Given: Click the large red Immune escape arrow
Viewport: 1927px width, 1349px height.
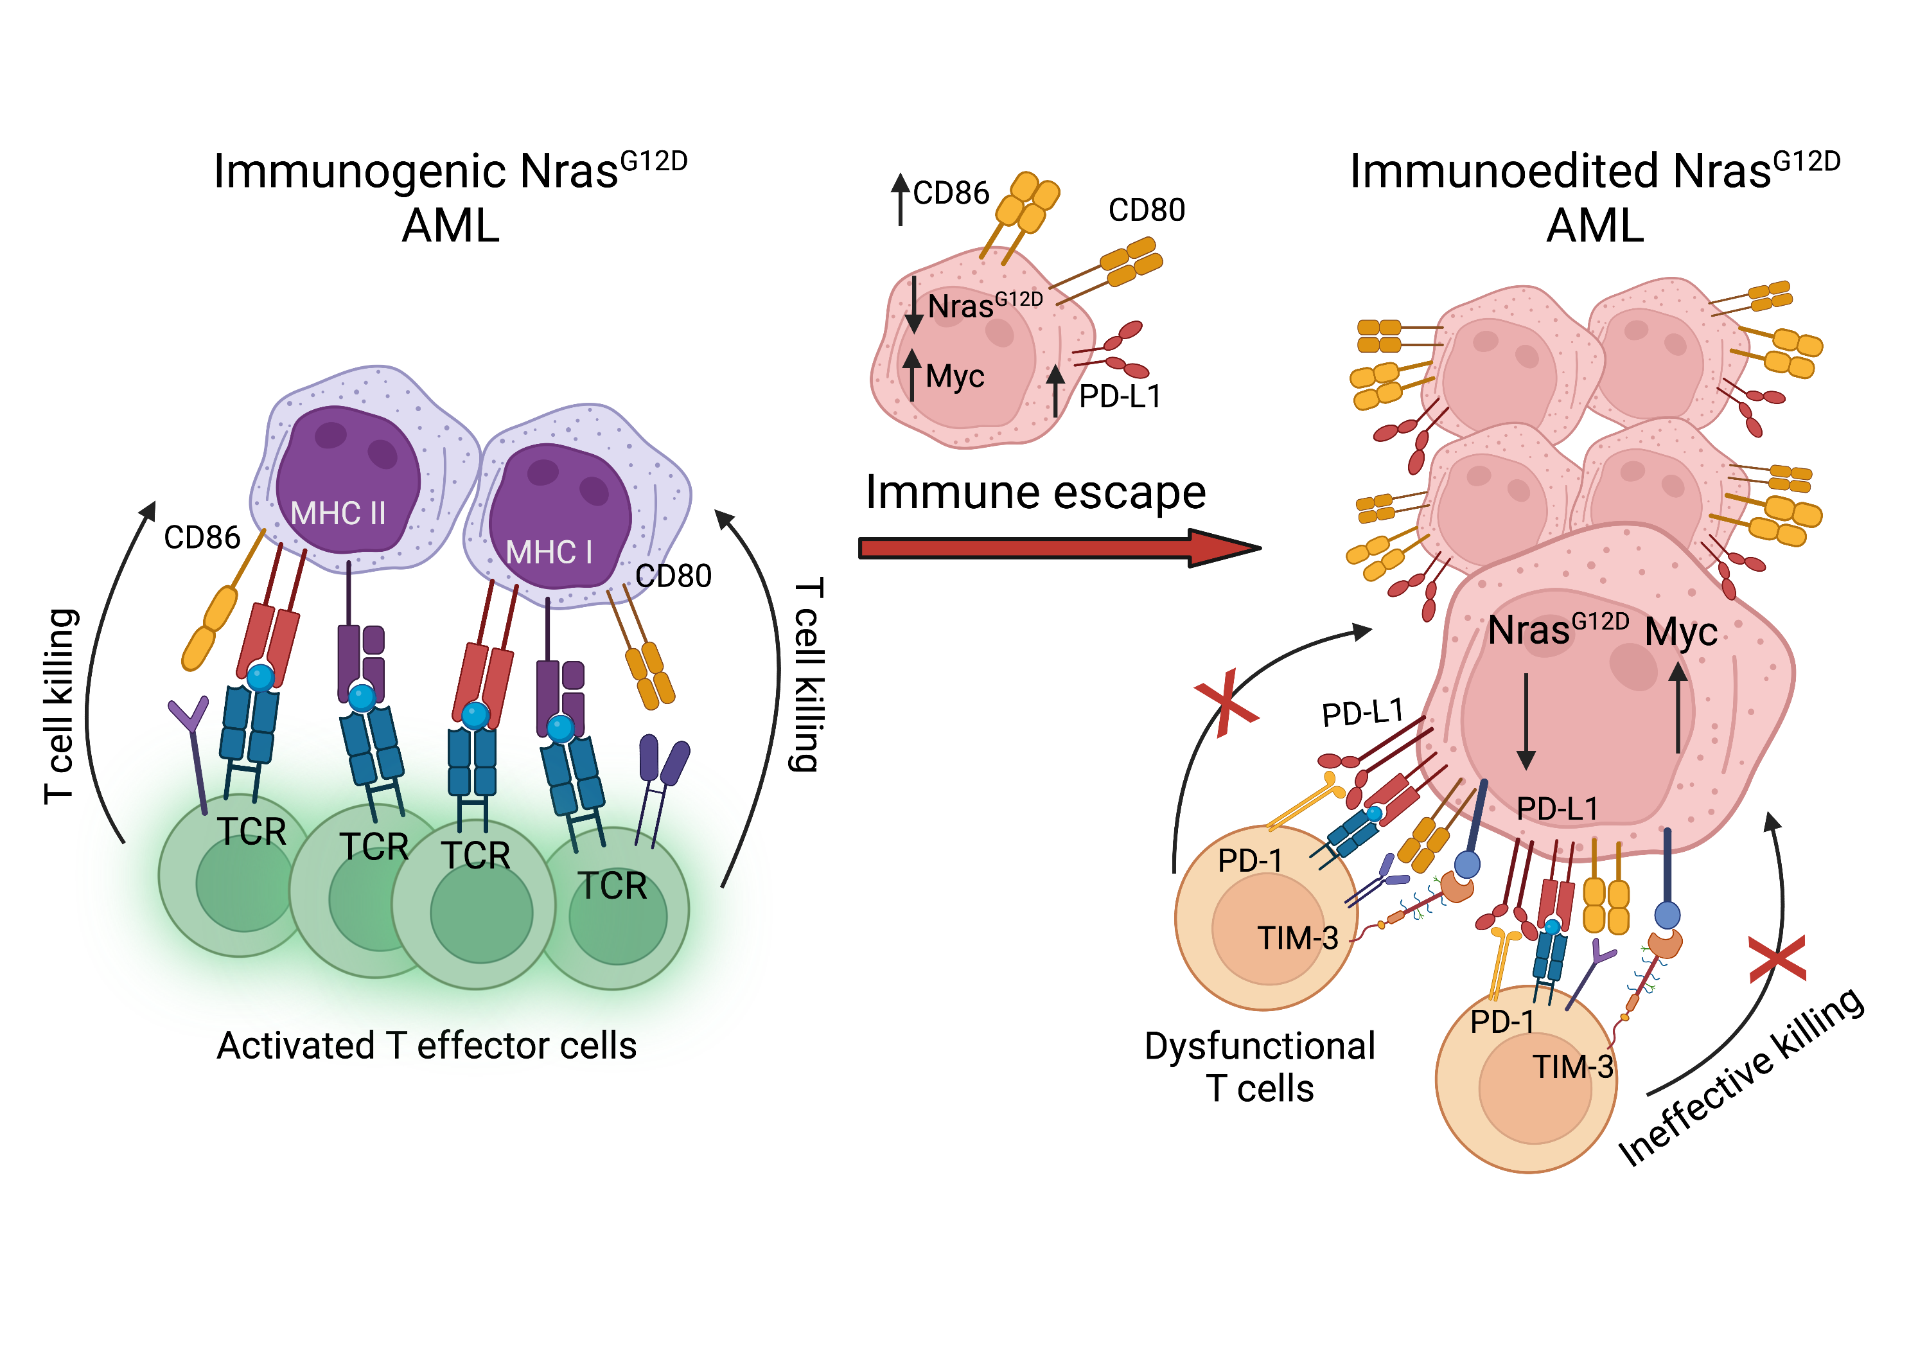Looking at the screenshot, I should pyautogui.click(x=1057, y=548).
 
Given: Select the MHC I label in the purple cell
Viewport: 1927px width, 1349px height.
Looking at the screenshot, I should pyautogui.click(x=549, y=552).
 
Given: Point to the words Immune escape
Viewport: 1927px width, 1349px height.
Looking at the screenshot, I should pyautogui.click(x=1035, y=492).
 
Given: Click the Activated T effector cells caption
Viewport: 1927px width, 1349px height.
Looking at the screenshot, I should pyautogui.click(x=427, y=1046).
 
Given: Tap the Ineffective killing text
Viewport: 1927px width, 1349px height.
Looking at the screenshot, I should pyautogui.click(x=1741, y=1079).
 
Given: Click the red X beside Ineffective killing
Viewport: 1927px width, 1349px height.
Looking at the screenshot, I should pyautogui.click(x=1777, y=958).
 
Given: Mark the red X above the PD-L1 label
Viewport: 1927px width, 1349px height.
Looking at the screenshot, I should pyautogui.click(x=1226, y=703).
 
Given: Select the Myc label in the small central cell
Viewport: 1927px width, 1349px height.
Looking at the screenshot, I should pyautogui.click(x=955, y=376).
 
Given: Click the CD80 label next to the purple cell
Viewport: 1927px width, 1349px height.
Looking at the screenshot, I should pyautogui.click(x=673, y=576).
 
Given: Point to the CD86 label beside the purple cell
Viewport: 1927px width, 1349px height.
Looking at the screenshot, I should pyautogui.click(x=202, y=537).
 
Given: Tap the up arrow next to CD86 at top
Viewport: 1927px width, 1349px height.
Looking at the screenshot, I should pyautogui.click(x=900, y=199).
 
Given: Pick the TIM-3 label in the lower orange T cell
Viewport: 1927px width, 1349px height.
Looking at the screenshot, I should pyautogui.click(x=1573, y=1067).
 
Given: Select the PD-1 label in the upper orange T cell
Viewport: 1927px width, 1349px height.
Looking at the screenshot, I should pyautogui.click(x=1250, y=860).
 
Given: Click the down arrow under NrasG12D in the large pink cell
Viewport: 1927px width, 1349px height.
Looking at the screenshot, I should pyautogui.click(x=1526, y=721).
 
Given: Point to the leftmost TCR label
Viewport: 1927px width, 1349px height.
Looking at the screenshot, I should pyautogui.click(x=252, y=832).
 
